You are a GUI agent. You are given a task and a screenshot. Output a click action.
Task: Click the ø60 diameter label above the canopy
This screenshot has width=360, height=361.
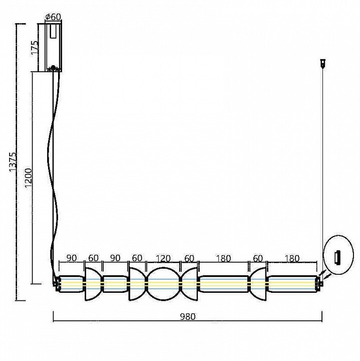click(x=54, y=17)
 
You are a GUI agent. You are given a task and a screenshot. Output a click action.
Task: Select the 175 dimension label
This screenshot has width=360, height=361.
click(x=35, y=48)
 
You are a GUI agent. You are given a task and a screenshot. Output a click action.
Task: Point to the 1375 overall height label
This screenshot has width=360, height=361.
click(x=13, y=161)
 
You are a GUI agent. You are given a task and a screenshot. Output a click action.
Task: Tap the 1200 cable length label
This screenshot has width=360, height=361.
click(x=29, y=177)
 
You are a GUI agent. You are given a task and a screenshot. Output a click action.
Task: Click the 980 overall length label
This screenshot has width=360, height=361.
click(x=188, y=317)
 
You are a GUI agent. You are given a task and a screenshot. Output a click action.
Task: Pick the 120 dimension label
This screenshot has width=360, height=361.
click(x=163, y=259)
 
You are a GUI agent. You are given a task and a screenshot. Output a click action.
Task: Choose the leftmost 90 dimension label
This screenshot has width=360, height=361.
click(x=71, y=258)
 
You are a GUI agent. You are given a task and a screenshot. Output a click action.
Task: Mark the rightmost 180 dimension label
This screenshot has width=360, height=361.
click(x=292, y=258)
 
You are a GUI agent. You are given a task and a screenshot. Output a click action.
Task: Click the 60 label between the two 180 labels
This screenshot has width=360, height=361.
click(x=258, y=258)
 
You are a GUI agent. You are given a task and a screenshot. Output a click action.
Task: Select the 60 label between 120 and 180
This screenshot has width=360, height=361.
click(x=189, y=258)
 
